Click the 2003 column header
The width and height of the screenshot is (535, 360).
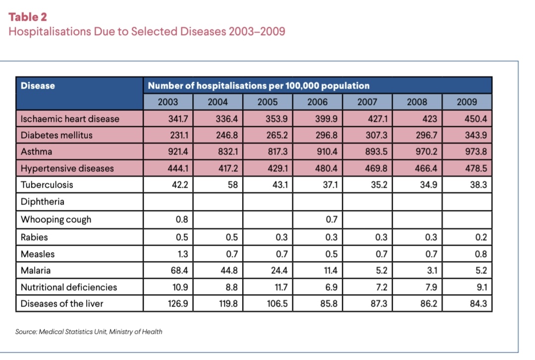pyautogui.click(x=168, y=102)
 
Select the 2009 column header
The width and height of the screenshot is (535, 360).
pyautogui.click(x=467, y=102)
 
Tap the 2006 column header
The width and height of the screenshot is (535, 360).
pyautogui.click(x=318, y=102)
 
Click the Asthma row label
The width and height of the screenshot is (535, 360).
pyautogui.click(x=37, y=152)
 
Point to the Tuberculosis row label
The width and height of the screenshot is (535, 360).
pyautogui.click(x=47, y=185)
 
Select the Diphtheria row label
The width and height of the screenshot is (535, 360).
pyautogui.click(x=43, y=202)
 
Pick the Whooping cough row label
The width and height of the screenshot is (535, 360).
pyautogui.click(x=56, y=219)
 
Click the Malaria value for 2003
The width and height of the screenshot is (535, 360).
pyautogui.click(x=179, y=270)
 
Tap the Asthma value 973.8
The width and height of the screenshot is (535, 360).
pyautogui.click(x=476, y=152)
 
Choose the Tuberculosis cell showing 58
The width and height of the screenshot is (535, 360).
pyautogui.click(x=233, y=185)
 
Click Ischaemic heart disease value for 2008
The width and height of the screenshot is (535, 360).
pyautogui.click(x=429, y=119)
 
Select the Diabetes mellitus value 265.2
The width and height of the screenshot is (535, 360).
pyautogui.click(x=277, y=135)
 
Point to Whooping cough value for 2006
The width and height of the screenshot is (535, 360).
pyautogui.click(x=331, y=219)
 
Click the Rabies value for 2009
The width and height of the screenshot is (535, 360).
pyautogui.click(x=481, y=237)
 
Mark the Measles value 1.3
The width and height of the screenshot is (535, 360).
pyautogui.click(x=182, y=254)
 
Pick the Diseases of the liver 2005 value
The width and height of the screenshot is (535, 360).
pyautogui.click(x=277, y=304)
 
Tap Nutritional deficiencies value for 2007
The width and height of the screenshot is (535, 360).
pyautogui.click(x=381, y=287)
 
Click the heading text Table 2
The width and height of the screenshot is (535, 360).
pyautogui.click(x=28, y=17)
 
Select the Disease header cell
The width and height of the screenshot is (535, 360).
pyautogui.click(x=79, y=94)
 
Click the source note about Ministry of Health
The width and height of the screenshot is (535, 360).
pyautogui.click(x=89, y=332)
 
